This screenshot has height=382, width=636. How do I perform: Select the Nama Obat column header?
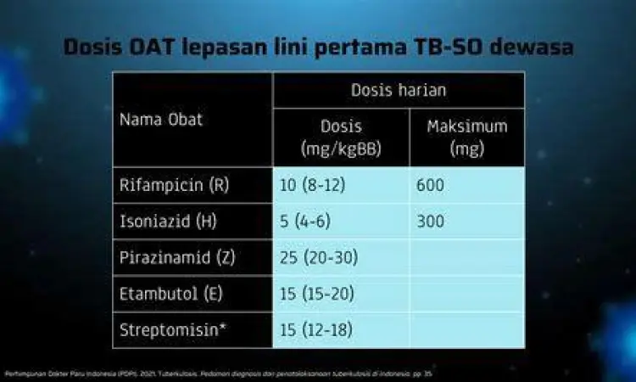(x=160, y=119)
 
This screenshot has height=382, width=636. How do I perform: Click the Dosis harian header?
(x=399, y=90)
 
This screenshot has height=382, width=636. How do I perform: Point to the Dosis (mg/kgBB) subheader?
(x=341, y=137)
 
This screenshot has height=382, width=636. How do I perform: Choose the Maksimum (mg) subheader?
(x=466, y=137)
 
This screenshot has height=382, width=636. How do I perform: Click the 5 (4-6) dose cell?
(x=306, y=222)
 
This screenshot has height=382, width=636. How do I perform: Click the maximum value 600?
(x=431, y=185)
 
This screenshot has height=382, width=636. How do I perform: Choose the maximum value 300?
(x=431, y=222)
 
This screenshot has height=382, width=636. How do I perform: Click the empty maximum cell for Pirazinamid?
(x=466, y=257)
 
